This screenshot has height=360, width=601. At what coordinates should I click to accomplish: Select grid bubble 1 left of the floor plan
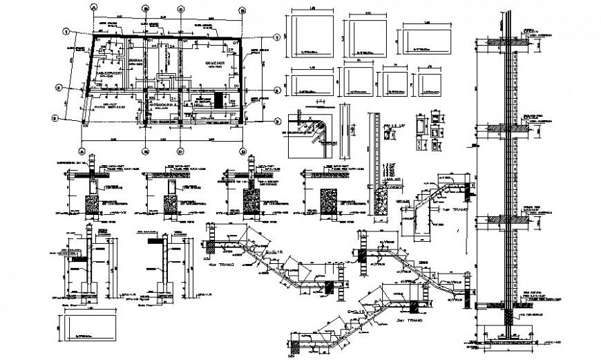pos(64,31)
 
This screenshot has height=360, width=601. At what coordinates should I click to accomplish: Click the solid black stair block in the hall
pos(220,99)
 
